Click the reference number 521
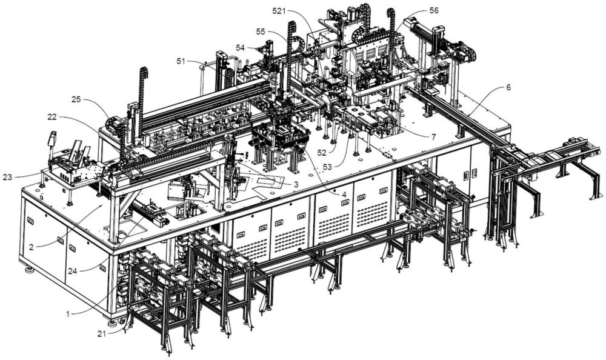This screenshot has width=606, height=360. [x=279, y=12]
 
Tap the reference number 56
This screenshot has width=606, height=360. [x=434, y=10]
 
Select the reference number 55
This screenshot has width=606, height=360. [x=261, y=31]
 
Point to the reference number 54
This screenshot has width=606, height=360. [x=241, y=47]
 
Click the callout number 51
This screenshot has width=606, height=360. [x=181, y=61]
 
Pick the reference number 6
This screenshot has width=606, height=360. [x=508, y=88]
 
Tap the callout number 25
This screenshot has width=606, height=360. [x=433, y=137]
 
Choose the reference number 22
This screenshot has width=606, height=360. [x=52, y=116]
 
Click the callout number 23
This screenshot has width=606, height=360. [x=7, y=177]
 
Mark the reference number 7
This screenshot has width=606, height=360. [x=433, y=137]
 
